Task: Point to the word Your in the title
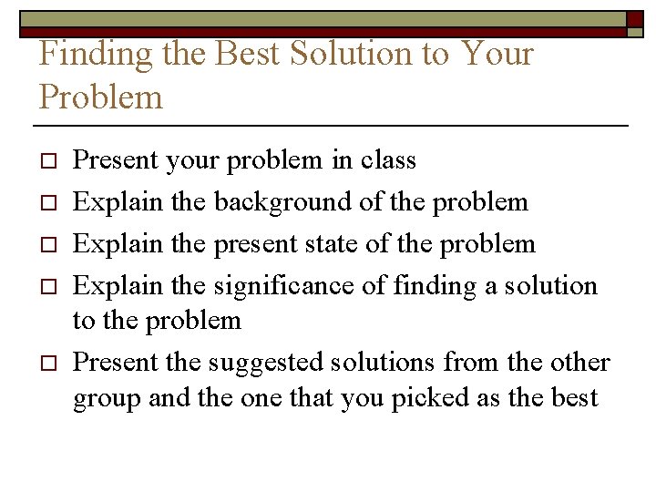[x=497, y=55]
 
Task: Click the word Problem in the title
[x=101, y=97]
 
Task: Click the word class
[x=387, y=161]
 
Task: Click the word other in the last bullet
[x=579, y=363]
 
